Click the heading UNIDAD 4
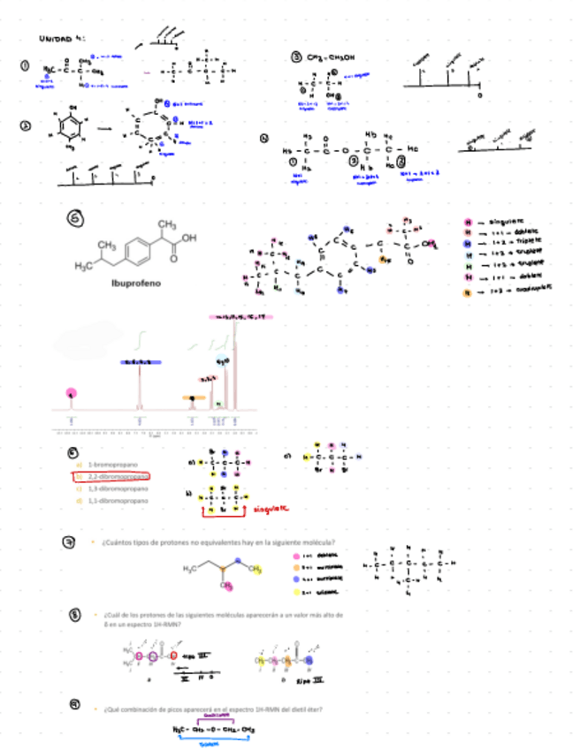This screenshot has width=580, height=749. [61, 39]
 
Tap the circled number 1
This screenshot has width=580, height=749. [26, 64]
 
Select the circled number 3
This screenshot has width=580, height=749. [297, 57]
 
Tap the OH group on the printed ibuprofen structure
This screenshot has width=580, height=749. [189, 238]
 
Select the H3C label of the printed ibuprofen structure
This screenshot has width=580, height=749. [85, 266]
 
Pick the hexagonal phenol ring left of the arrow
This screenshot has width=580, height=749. [70, 128]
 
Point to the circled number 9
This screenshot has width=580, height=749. [75, 703]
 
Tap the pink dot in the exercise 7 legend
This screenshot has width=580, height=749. [295, 556]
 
